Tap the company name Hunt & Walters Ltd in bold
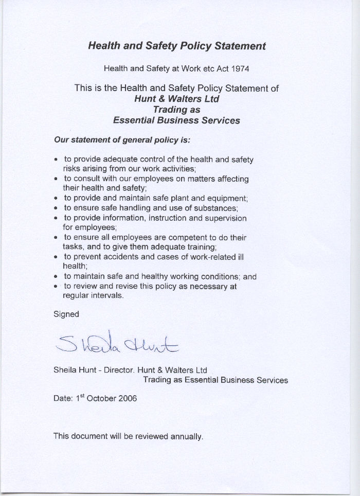[176, 99]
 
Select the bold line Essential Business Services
[176, 120]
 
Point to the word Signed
[66, 314]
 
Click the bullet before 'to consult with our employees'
[56, 179]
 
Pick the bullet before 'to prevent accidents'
[56, 257]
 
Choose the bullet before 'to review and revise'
[56, 286]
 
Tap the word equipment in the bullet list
[226, 199]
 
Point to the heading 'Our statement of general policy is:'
[122, 139]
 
